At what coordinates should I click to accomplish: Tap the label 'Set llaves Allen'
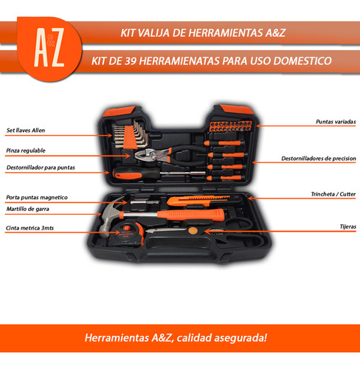coord(25,130)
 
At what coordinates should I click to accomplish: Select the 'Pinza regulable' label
coord(25,150)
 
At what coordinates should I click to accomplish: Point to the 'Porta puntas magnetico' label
coord(36,197)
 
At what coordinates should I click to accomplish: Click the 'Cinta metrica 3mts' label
coord(29,228)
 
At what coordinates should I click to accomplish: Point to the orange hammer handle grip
coord(199,215)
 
